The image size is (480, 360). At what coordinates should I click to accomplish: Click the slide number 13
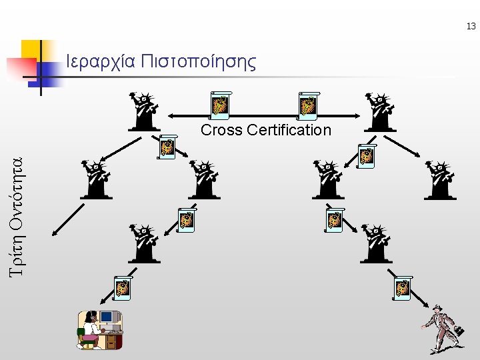471,27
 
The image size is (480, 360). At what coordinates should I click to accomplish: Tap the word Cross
221,130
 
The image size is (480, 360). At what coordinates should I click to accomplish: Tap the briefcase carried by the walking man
459,330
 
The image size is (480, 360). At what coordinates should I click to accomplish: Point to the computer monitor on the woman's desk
107,317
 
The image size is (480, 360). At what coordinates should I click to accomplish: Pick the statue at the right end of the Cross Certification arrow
380,111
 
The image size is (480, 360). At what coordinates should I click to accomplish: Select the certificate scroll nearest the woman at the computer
123,287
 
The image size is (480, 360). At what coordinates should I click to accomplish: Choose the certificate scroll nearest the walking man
403,287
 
